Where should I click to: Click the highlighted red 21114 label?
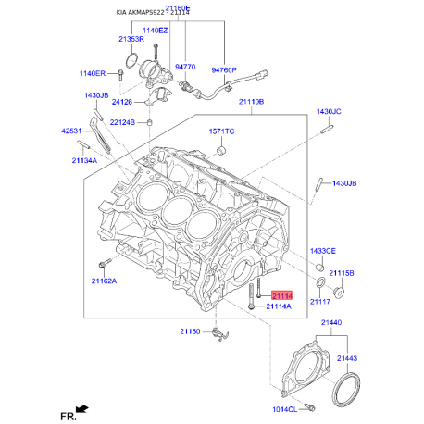pos(281,296)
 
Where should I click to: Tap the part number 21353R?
pos(131,39)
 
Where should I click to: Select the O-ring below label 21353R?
pos(131,60)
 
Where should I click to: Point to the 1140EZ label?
pos(155,31)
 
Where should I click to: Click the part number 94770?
pos(185,67)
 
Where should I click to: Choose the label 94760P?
pos(224,70)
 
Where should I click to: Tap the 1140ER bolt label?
pos(93,73)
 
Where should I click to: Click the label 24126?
pos(122,102)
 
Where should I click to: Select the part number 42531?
pos(71,131)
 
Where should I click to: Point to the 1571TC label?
pos(221,131)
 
